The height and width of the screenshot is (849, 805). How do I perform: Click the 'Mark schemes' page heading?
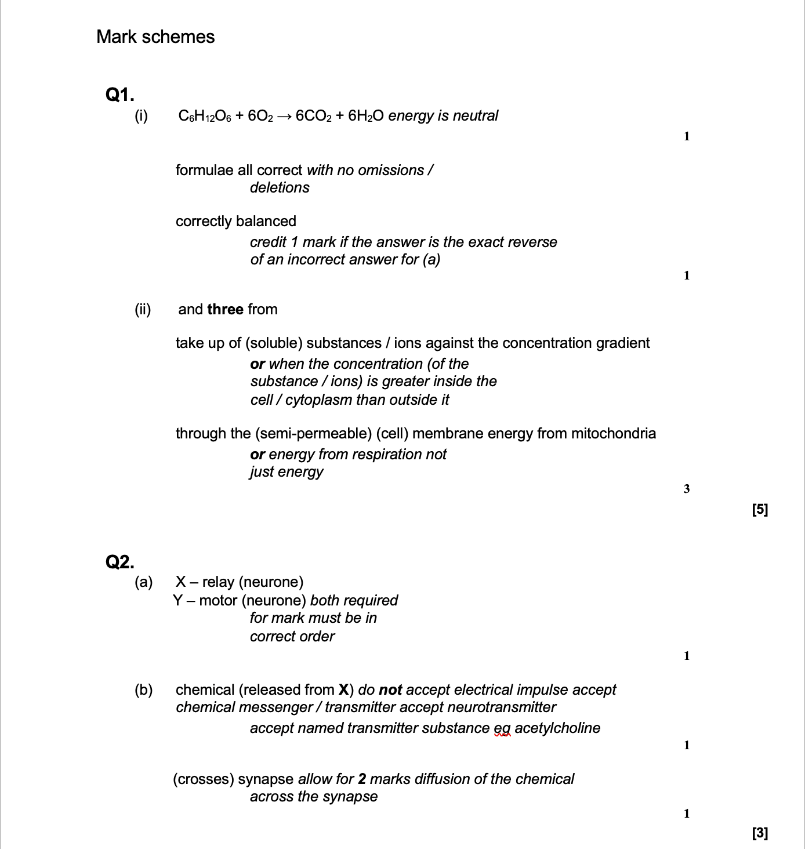coord(155,37)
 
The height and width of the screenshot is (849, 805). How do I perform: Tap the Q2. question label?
coord(120,561)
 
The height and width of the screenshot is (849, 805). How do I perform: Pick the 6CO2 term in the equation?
coord(313,116)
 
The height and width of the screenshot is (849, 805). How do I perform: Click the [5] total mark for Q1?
coord(760,510)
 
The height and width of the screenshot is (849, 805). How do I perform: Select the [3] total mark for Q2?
coord(760,833)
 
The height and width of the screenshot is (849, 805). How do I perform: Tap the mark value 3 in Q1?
coord(687,489)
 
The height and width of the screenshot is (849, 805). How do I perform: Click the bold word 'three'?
coord(225,310)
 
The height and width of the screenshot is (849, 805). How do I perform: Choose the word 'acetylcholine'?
coord(557,728)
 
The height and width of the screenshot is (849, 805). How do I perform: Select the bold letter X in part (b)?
coord(343,690)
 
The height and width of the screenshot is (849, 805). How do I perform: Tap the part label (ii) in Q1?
coord(143,310)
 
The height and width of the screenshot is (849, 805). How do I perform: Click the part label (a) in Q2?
coord(143,582)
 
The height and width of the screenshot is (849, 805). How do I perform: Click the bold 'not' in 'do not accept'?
coord(390,690)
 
